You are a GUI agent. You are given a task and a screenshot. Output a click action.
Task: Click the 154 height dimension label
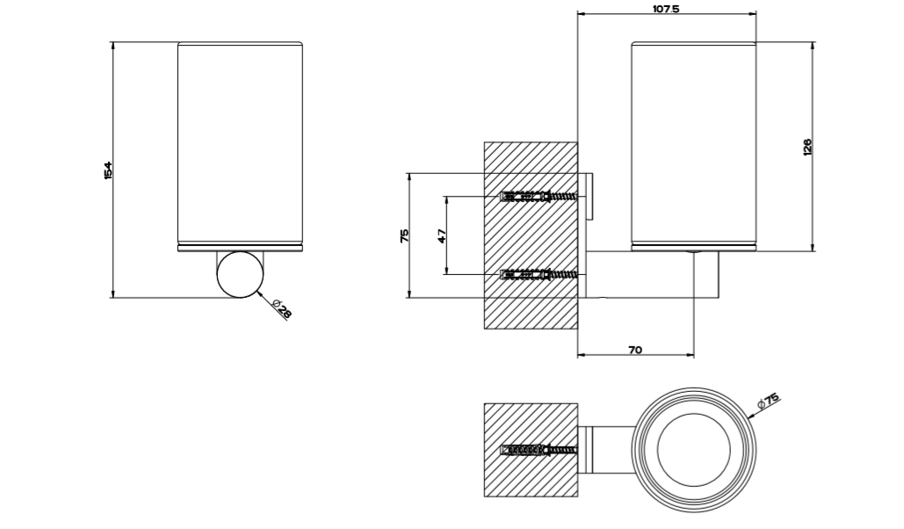point(108,170)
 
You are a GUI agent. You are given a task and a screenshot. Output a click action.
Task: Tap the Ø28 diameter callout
point(282,308)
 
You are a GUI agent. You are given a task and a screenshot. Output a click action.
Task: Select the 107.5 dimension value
point(666,9)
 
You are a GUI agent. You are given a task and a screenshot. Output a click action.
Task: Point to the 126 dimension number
point(806,147)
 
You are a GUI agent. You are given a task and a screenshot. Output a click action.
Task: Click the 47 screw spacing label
point(442,236)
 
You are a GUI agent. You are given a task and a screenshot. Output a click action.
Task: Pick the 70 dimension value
point(635,350)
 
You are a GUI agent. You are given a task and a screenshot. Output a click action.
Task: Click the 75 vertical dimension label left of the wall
point(404,236)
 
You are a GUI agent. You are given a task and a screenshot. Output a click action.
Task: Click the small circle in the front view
point(240,274)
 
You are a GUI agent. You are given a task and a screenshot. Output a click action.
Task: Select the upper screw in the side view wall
point(538,196)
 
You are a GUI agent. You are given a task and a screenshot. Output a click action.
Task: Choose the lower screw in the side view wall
point(538,275)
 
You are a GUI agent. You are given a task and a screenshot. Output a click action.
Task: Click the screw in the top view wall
point(538,451)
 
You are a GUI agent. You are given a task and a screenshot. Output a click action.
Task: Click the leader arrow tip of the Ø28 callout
point(260,293)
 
